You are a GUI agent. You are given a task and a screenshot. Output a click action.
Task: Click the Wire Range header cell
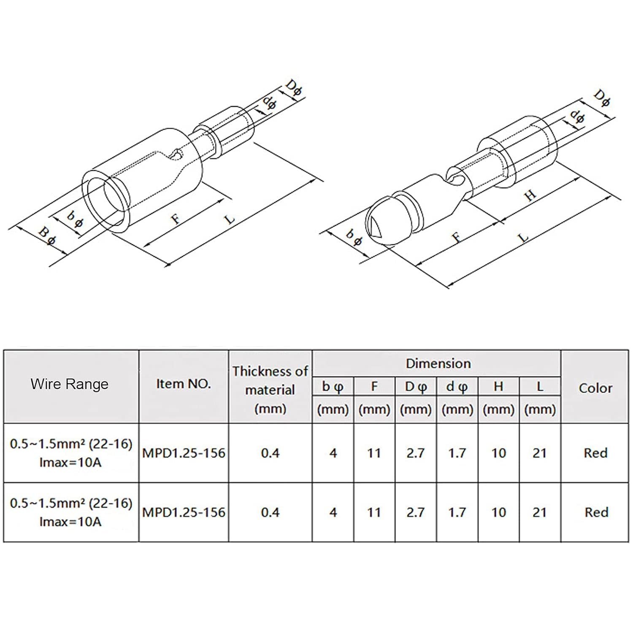70,384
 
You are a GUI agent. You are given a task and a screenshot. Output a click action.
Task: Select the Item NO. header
184,384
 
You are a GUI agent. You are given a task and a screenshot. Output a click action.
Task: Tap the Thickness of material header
270,390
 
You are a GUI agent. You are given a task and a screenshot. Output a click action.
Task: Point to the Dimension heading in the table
438,363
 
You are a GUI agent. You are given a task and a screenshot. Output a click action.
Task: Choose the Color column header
595,388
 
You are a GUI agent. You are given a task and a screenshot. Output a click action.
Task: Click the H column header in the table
498,386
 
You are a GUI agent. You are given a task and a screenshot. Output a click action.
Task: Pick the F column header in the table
374,386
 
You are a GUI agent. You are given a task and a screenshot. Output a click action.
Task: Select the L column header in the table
540,386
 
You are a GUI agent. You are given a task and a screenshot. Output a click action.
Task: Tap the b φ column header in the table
333,387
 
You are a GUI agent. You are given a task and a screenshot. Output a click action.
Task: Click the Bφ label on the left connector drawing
48,236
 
